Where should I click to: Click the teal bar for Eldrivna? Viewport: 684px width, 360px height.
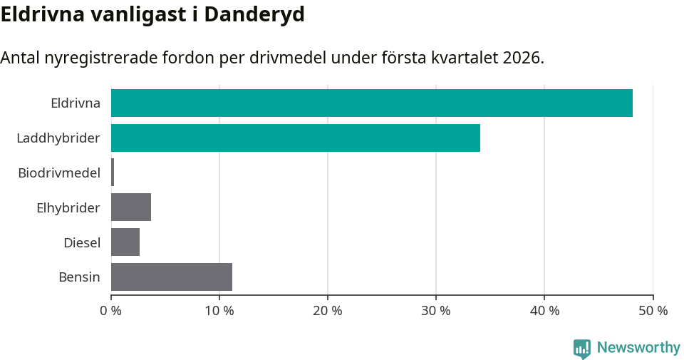371,103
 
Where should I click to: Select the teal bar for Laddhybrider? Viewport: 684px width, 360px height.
295,138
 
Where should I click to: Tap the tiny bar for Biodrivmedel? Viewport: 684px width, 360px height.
113,173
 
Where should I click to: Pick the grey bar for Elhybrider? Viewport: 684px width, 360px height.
131,207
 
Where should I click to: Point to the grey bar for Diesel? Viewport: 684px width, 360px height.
125,242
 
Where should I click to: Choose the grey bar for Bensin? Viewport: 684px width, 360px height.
172,277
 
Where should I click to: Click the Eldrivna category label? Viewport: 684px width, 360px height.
76,103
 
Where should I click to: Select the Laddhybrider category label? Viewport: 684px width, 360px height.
58,138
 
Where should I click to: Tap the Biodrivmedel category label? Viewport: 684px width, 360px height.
59,173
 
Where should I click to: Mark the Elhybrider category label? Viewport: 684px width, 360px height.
68,207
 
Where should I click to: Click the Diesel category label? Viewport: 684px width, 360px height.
82,242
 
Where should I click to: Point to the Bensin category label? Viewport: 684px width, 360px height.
79,277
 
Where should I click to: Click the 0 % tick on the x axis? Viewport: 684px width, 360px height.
111,311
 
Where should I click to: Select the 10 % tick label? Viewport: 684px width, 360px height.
219,311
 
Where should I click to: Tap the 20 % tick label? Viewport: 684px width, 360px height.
328,311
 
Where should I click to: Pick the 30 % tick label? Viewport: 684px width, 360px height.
436,311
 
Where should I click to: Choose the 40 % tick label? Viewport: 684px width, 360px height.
544,311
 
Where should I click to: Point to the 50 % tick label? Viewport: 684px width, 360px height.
653,311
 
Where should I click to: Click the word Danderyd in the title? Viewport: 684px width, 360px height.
254,14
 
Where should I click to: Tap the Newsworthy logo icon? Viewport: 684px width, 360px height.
581,348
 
